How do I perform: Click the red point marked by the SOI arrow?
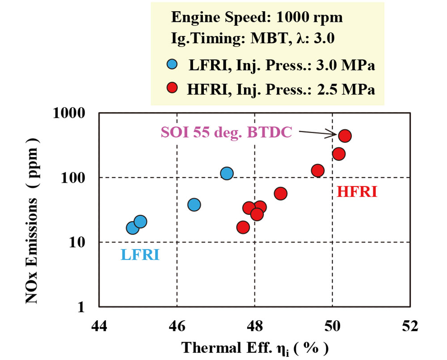[345, 136]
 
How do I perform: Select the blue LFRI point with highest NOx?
[227, 173]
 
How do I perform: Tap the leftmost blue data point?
[132, 228]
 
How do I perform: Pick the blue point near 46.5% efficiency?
[194, 205]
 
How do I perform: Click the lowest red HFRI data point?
[243, 227]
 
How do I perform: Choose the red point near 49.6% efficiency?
[318, 171]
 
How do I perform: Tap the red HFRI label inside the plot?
[357, 192]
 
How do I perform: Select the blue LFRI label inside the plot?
[140, 255]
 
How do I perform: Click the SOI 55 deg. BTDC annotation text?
[226, 132]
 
